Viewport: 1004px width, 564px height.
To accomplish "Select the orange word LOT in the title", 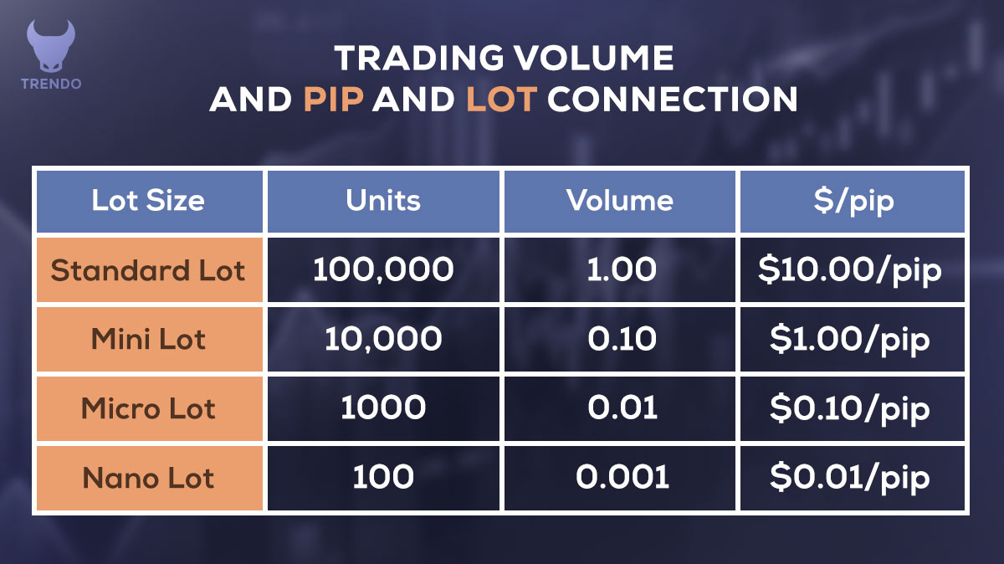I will (499, 99).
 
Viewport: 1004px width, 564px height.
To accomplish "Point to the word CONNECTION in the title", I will (672, 99).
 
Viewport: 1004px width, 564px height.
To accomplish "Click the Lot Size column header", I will (148, 201).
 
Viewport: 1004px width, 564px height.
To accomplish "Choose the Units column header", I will (383, 201).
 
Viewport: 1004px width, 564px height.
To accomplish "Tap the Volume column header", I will (619, 201).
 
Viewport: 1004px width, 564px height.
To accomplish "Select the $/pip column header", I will (851, 201).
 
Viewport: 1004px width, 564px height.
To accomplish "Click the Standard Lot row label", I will (148, 270).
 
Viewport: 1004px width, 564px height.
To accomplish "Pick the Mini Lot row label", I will (148, 340).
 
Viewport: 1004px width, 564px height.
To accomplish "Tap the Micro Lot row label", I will (148, 408).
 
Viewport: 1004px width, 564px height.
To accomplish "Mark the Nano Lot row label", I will (148, 478).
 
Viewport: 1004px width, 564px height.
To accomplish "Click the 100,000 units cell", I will (383, 270).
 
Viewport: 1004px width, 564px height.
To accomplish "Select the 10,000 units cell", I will (383, 340).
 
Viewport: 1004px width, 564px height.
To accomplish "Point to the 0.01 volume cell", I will (619, 408).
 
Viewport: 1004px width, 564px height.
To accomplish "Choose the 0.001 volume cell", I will (619, 478).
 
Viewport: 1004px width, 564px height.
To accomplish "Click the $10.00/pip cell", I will (851, 270).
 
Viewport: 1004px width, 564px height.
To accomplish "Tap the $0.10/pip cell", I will (851, 408).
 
